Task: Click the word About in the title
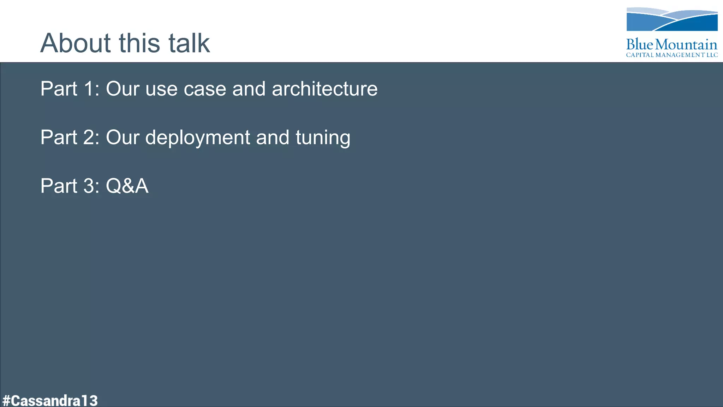click(75, 43)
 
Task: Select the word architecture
click(324, 89)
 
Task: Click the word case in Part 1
click(205, 89)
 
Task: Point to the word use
click(161, 89)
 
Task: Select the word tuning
click(323, 137)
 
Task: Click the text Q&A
click(127, 186)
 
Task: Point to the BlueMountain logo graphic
click(672, 19)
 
